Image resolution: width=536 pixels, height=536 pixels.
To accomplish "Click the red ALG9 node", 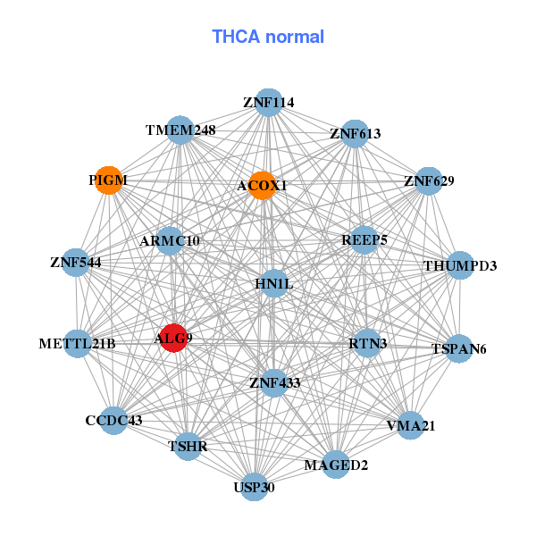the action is click(174, 338).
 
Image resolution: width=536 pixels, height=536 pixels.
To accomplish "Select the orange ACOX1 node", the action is click(262, 186).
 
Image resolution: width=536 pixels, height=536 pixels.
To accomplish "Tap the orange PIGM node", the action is click(109, 180).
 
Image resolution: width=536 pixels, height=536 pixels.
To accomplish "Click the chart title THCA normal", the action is click(268, 37).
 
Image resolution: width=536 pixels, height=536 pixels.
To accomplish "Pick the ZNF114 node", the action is click(269, 103).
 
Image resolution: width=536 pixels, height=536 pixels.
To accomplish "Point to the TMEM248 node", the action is click(180, 130).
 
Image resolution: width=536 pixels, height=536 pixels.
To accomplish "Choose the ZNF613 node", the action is click(356, 134).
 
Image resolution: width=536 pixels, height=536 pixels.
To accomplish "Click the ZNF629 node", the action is click(429, 181).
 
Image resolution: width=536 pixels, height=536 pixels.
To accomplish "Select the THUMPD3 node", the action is click(460, 265).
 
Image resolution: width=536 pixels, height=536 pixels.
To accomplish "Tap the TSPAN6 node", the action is click(459, 348).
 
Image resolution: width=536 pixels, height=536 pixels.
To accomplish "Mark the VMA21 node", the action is click(411, 425).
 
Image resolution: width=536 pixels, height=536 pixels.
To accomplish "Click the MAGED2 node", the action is click(336, 465).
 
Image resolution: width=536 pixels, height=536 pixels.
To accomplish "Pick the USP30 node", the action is click(254, 487).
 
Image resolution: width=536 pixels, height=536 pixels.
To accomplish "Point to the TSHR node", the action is click(188, 446).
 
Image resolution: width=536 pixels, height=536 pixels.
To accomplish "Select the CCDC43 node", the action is click(113, 421).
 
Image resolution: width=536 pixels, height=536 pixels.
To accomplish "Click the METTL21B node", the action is click(77, 344).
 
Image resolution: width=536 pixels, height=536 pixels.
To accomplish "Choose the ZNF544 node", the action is click(76, 263).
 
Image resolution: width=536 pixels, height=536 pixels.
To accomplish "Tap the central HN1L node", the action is click(274, 283).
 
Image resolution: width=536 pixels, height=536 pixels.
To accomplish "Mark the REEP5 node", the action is click(364, 240).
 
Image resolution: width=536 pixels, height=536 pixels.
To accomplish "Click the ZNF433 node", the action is click(274, 383).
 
